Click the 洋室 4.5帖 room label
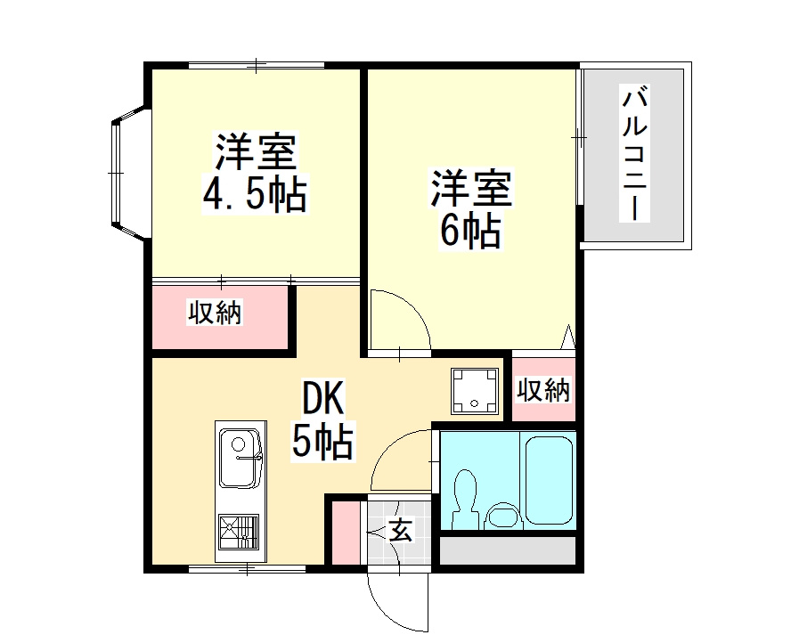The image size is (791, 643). coord(255,174)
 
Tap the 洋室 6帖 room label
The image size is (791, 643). coord(471,209)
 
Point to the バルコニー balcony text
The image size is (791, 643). coord(634,153)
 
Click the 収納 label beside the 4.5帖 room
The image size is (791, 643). coord(216,313)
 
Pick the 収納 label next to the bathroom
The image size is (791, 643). coord(543,389)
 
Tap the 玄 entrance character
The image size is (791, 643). coord(401,531)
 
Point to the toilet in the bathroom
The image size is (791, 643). coord(464,501)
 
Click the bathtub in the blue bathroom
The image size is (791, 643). coord(550,479)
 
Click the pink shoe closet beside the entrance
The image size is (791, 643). coord(344,533)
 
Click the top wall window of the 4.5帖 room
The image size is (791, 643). coord(257,66)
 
